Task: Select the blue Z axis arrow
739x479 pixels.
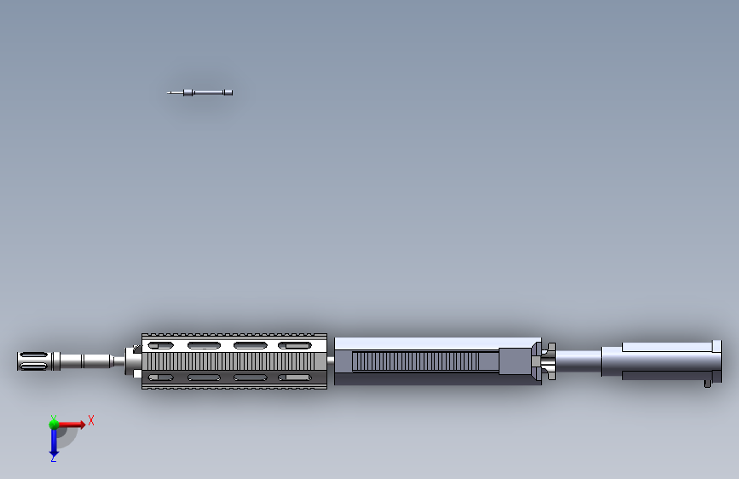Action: [54, 441]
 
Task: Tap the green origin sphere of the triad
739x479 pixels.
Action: [54, 424]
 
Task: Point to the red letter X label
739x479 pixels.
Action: [90, 420]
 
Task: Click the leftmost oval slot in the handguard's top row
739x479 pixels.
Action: [160, 345]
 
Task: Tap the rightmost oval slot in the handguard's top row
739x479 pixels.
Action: [294, 345]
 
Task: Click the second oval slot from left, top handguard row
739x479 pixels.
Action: [205, 345]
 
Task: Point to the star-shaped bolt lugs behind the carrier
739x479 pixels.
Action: [546, 361]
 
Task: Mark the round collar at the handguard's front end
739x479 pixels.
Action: [134, 361]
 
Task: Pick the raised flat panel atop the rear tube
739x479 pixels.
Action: [665, 347]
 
